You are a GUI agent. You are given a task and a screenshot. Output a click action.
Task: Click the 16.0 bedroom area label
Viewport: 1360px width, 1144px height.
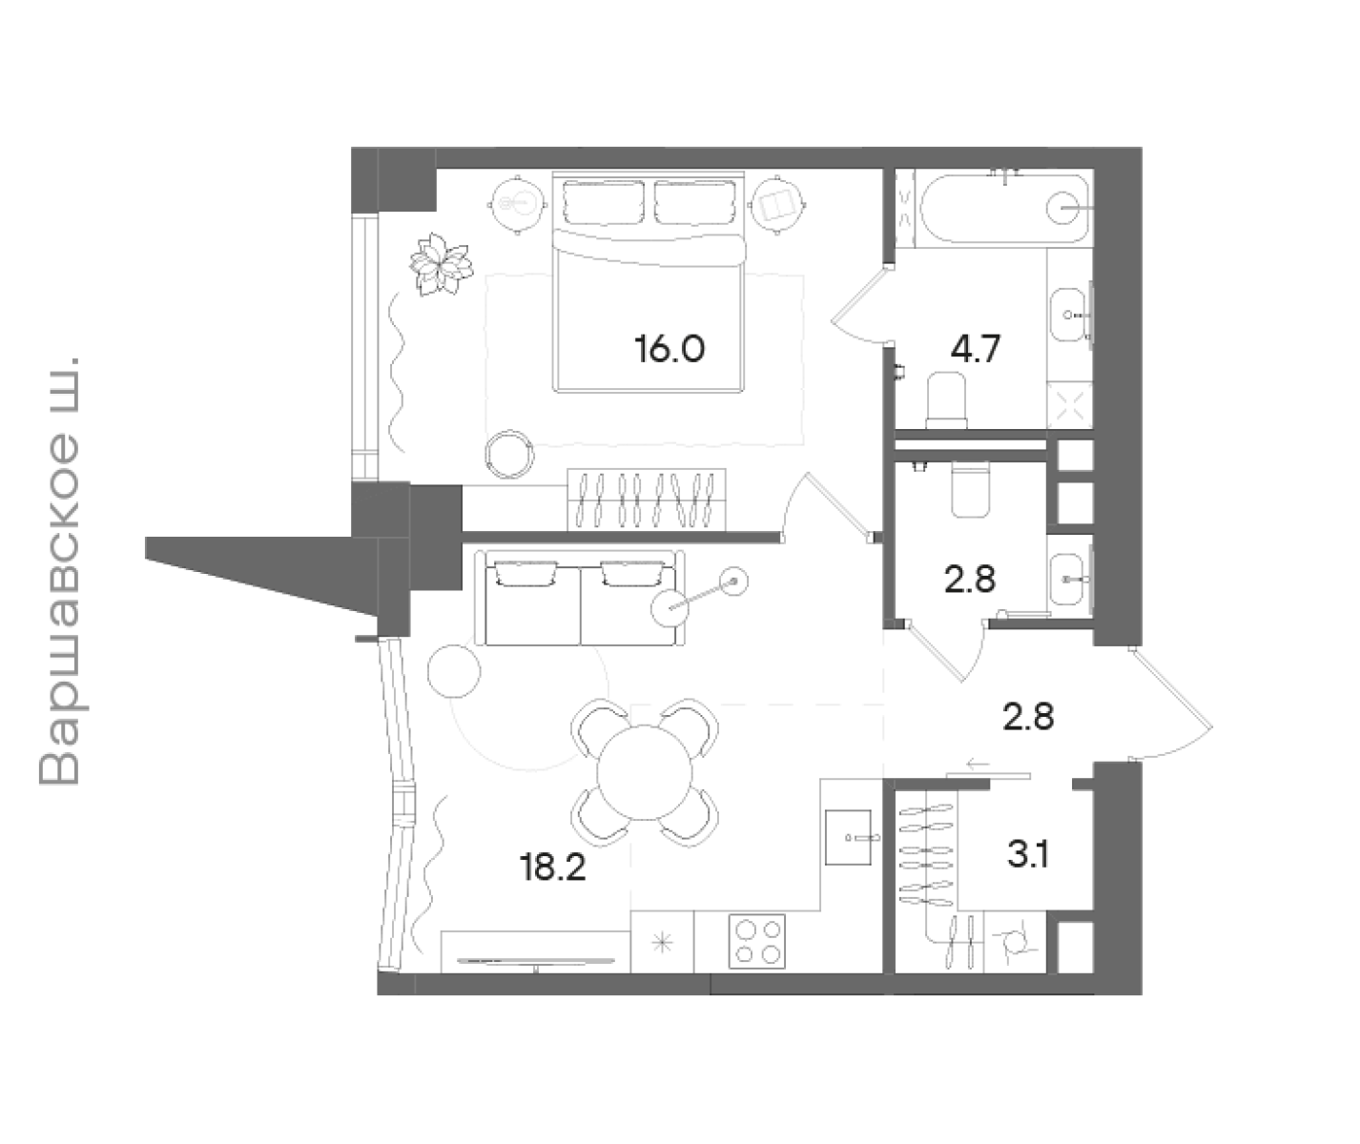(x=670, y=349)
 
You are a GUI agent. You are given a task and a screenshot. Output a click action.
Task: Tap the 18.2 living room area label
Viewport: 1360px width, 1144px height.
(x=553, y=868)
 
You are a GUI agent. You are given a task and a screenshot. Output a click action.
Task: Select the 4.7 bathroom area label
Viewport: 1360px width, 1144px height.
(x=975, y=349)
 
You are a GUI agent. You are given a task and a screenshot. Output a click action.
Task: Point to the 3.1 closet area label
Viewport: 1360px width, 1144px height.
(x=1028, y=854)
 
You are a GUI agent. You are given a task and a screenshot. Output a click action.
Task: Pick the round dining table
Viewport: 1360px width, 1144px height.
(x=644, y=772)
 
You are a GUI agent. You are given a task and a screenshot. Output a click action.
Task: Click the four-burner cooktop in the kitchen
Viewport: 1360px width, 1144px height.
(x=757, y=942)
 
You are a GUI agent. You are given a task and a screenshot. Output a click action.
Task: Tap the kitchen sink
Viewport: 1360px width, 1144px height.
(x=848, y=837)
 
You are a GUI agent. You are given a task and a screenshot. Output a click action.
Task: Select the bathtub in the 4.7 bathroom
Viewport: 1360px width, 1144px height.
(x=1005, y=207)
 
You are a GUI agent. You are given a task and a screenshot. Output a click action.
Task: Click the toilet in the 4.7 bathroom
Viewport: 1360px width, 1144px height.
(x=946, y=399)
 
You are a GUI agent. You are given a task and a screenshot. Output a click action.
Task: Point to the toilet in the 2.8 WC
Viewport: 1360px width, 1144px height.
(x=971, y=488)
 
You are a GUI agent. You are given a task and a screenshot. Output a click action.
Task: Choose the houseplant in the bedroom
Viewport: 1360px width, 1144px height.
(x=441, y=264)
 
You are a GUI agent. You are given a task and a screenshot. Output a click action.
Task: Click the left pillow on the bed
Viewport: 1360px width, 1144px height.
(x=603, y=202)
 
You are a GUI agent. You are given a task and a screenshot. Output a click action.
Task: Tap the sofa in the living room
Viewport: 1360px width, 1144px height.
(x=580, y=598)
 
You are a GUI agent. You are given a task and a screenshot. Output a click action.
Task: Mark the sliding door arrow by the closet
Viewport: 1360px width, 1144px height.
(x=979, y=764)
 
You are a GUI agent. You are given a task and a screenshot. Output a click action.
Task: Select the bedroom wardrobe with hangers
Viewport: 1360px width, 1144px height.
(x=647, y=500)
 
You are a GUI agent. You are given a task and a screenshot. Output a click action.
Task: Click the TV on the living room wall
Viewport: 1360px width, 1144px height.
(x=536, y=961)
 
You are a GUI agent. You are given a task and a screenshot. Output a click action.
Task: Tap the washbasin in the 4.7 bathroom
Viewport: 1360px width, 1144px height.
(x=1069, y=315)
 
